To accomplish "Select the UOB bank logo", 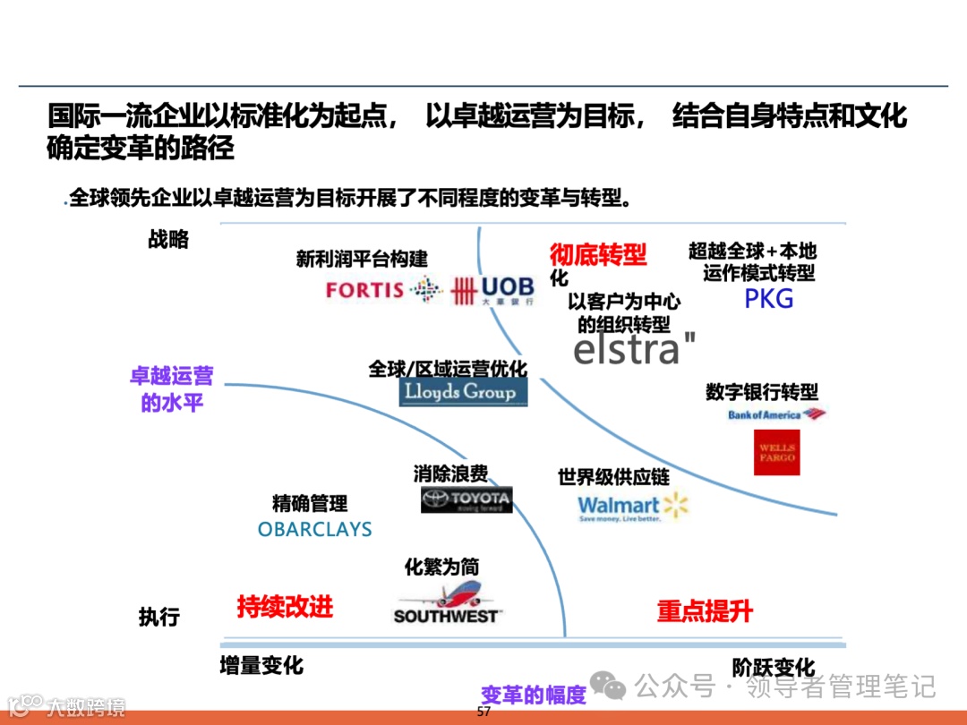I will (x=492, y=289).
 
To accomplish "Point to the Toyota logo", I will (x=466, y=499).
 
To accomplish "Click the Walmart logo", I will (x=632, y=507).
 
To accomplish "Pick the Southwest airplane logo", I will (x=447, y=602).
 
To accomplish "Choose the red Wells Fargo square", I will (x=776, y=452).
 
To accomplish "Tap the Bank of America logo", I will (x=776, y=414).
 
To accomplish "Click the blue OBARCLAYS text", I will (x=314, y=530).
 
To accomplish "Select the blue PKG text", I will (x=769, y=299).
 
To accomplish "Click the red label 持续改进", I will (x=285, y=607).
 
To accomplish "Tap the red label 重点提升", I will (x=705, y=612).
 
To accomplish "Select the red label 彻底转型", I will (x=597, y=255).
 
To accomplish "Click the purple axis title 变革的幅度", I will (x=534, y=695).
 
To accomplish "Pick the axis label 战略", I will (x=168, y=239).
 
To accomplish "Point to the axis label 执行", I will (x=159, y=617).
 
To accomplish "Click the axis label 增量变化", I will (x=261, y=666).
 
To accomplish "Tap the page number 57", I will (x=483, y=712).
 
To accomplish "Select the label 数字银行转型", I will (x=762, y=392).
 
